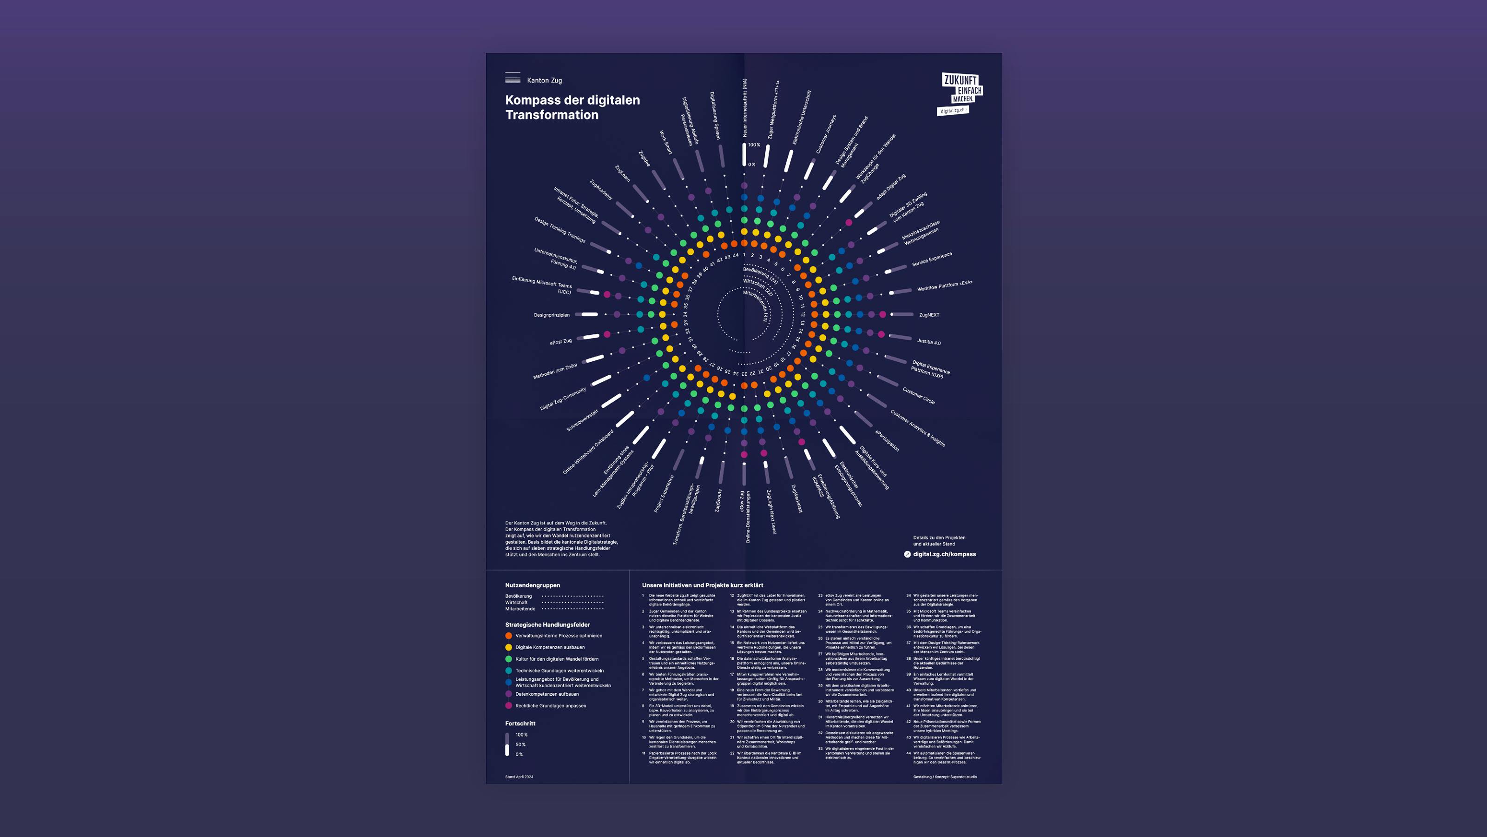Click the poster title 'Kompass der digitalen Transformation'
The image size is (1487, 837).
coord(572,107)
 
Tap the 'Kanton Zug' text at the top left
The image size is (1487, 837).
coord(544,80)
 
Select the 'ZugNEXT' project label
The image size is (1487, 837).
coord(929,315)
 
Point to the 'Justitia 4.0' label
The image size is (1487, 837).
coord(929,342)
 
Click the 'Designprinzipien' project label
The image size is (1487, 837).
coord(551,315)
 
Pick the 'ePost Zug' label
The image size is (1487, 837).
coord(560,341)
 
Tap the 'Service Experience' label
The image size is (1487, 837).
coord(932,259)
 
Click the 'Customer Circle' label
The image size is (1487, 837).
coord(918,396)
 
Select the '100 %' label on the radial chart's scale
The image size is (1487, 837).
coord(754,145)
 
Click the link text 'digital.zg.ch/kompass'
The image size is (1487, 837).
coord(944,554)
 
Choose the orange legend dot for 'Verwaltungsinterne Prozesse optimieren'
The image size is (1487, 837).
coord(508,635)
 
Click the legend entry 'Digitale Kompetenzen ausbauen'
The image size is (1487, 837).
coord(550,647)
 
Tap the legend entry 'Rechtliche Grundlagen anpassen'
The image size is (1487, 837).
coord(550,705)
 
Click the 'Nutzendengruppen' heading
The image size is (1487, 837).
coord(532,585)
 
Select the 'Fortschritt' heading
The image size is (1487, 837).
coord(520,723)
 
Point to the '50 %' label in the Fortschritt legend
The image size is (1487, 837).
coord(520,744)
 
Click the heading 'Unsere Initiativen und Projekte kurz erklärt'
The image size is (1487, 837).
coord(702,585)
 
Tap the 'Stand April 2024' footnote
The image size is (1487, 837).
coord(519,777)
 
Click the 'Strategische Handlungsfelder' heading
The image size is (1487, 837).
coord(547,624)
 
